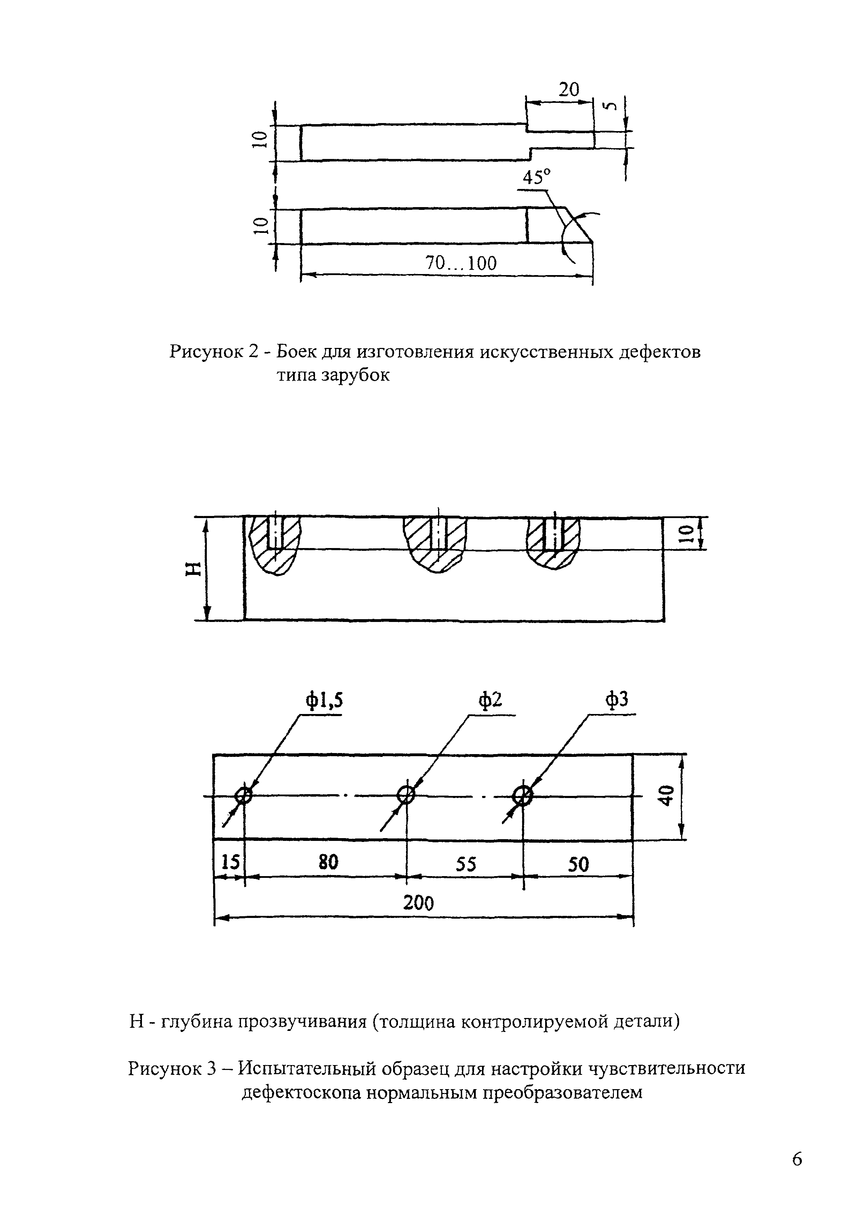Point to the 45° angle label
pyautogui.click(x=536, y=177)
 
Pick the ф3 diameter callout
pyautogui.click(x=617, y=700)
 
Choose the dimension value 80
pyautogui.click(x=328, y=862)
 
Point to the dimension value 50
pyautogui.click(x=578, y=863)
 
